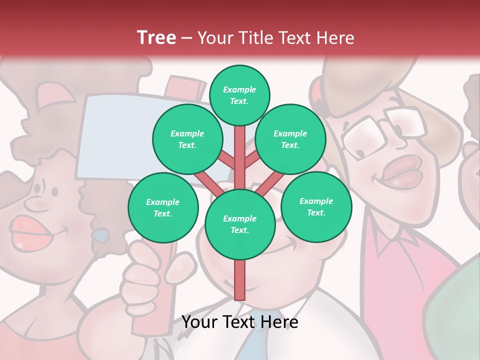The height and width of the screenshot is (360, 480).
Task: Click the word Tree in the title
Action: tap(156, 37)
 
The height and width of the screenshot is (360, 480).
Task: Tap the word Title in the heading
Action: tap(255, 38)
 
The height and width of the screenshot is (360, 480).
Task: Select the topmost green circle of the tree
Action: tap(239, 95)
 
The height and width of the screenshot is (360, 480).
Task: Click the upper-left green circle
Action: tap(187, 139)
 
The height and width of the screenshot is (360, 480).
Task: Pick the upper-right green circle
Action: tap(290, 139)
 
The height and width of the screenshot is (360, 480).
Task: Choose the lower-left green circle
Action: tap(163, 207)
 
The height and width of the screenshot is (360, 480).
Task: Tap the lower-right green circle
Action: tap(316, 206)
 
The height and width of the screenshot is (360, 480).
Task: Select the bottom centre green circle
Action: tap(240, 224)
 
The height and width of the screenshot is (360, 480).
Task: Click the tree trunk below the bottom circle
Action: tap(239, 280)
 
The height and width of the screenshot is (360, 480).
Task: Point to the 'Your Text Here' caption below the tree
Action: tap(240, 322)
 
